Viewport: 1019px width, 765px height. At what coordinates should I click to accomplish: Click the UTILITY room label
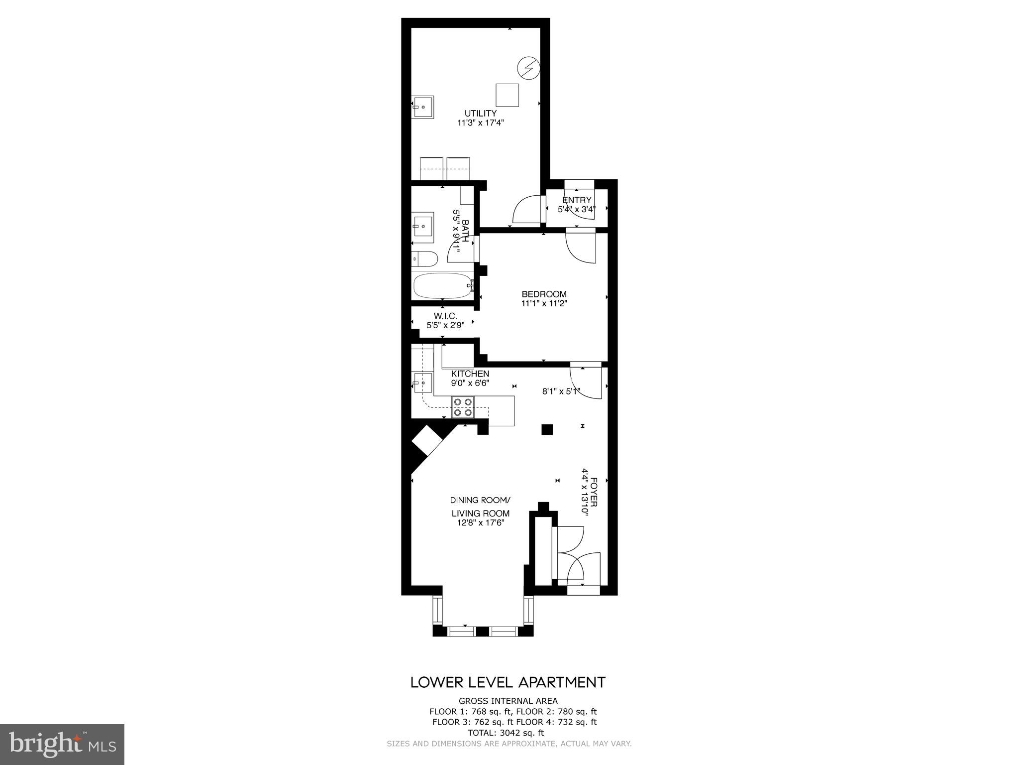point(480,114)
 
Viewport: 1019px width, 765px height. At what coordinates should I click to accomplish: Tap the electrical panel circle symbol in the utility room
point(528,68)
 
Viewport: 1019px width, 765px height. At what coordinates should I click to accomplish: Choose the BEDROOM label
point(544,294)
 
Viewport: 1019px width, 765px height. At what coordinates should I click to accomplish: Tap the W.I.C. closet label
point(445,316)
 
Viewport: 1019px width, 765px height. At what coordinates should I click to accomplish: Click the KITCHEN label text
point(470,374)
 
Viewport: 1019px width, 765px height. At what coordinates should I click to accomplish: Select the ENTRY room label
point(577,200)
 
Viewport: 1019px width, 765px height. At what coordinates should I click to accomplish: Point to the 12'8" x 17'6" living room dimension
point(480,522)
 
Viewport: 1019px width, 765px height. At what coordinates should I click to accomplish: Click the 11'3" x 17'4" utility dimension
point(480,123)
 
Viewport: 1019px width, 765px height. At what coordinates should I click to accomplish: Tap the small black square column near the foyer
point(547,429)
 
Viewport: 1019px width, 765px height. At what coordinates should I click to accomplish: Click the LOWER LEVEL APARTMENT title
point(508,682)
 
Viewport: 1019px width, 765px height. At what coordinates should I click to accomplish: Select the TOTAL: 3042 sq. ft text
point(506,733)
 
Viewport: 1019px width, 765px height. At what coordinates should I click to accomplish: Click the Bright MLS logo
point(62,744)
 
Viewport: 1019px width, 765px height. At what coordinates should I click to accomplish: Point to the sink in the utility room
point(423,107)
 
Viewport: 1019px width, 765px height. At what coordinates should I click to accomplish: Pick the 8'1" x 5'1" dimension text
point(561,391)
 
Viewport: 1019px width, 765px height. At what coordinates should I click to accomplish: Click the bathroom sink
point(423,227)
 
